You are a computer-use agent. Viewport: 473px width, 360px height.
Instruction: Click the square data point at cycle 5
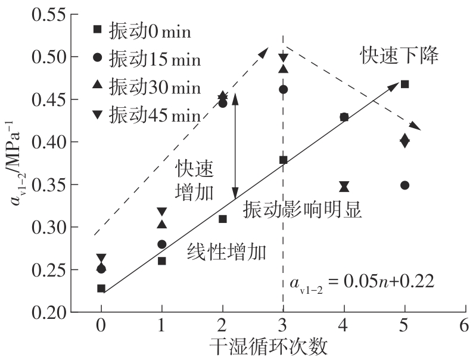(405, 84)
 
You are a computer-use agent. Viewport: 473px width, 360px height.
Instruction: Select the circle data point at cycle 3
(283, 89)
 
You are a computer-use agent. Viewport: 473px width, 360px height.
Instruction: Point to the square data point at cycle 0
(101, 288)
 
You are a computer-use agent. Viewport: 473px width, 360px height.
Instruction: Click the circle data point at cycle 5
(405, 185)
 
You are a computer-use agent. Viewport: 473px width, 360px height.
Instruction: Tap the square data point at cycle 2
(222, 219)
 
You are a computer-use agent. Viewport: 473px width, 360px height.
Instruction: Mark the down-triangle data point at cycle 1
(161, 212)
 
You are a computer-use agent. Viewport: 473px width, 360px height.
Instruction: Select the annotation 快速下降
(399, 56)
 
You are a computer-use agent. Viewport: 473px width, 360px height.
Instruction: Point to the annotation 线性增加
(226, 251)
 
